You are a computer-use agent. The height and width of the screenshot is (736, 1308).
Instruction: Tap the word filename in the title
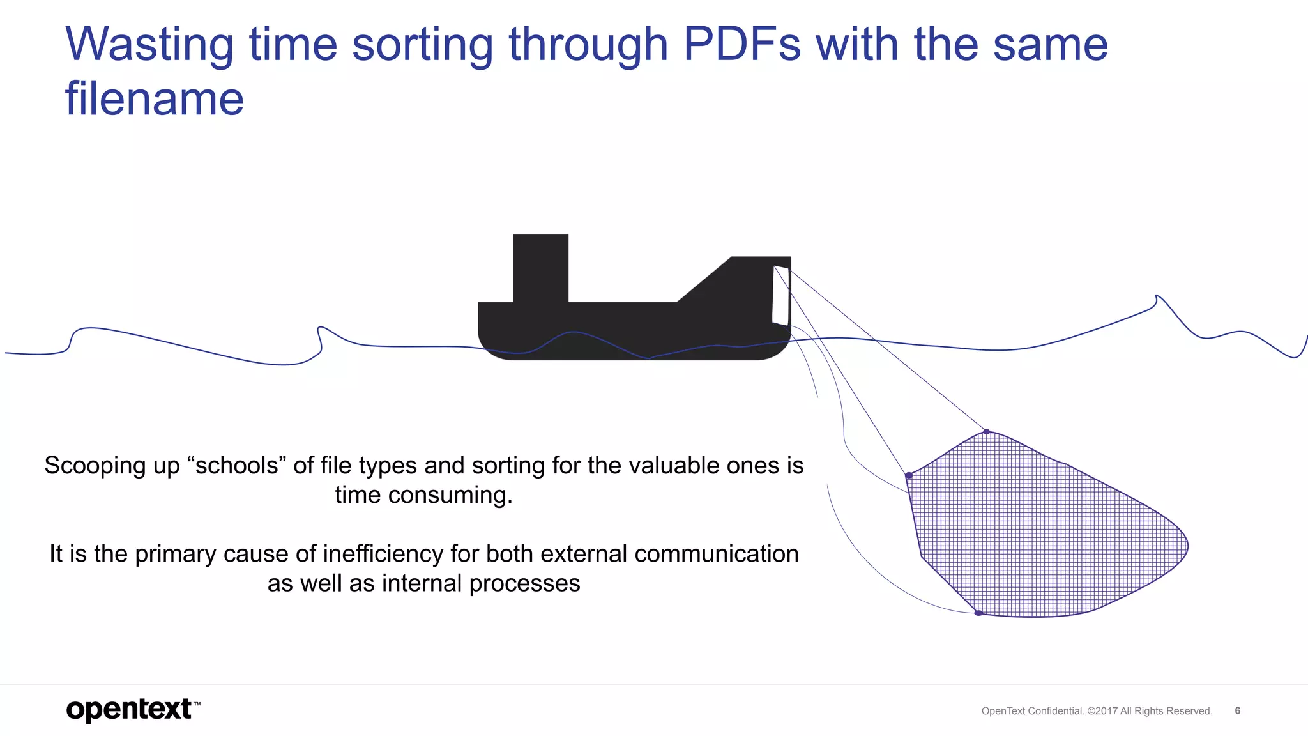point(155,99)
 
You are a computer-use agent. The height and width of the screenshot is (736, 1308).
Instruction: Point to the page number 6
point(1237,710)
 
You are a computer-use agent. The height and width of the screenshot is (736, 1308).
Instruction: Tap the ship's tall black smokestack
point(540,268)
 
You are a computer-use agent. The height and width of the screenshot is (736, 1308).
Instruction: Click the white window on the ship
point(780,295)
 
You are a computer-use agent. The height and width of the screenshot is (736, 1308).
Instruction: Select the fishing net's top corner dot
point(986,432)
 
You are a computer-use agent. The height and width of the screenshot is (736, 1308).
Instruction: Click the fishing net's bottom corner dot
point(978,613)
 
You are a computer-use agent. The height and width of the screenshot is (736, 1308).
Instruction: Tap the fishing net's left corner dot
point(909,475)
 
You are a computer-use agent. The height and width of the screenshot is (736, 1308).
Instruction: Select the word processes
point(524,583)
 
